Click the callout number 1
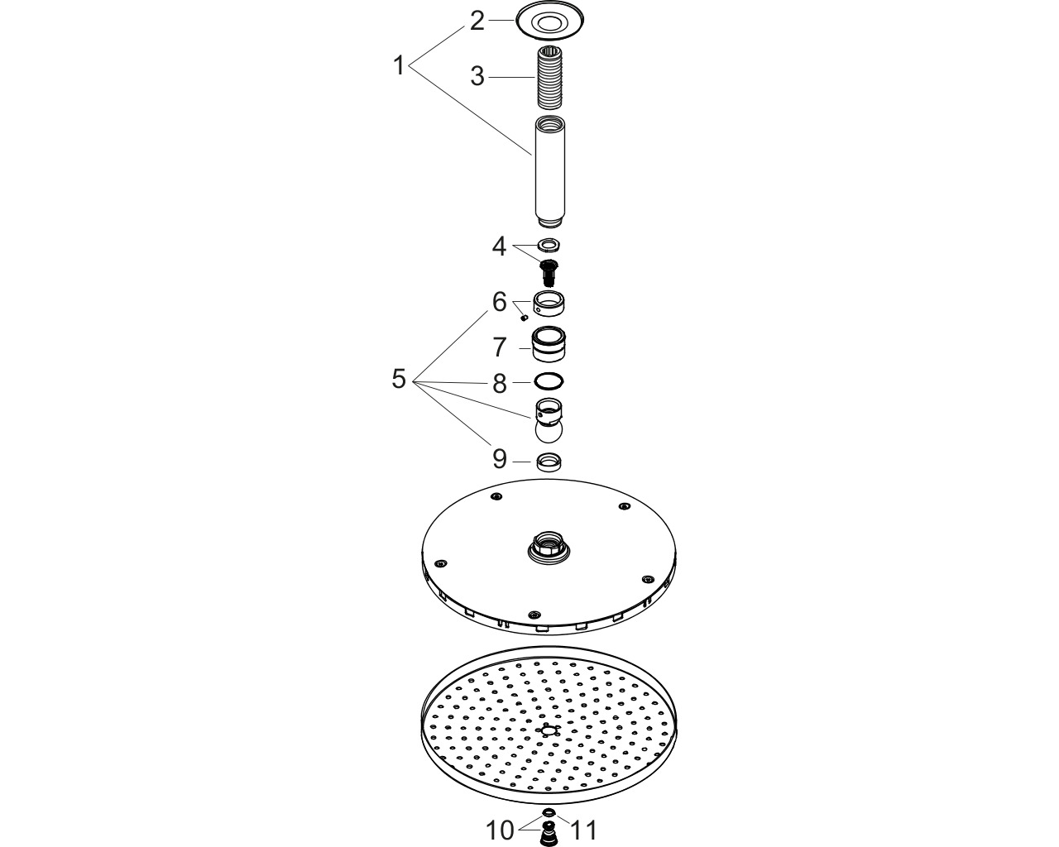(x=399, y=66)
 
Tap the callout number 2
(x=477, y=22)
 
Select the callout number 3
(x=477, y=77)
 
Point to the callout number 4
(x=499, y=246)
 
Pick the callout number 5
(x=399, y=379)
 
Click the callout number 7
(x=500, y=347)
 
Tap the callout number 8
(x=500, y=384)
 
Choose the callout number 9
(x=500, y=459)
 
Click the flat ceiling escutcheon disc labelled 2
(x=549, y=22)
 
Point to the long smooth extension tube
(x=549, y=172)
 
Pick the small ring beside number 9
(x=549, y=462)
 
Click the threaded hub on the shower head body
(x=549, y=545)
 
